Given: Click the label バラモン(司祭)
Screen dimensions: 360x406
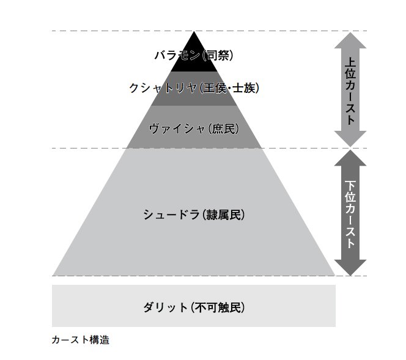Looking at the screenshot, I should coord(194,56).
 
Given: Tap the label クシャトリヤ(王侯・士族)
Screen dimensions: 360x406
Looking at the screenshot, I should coord(194,88).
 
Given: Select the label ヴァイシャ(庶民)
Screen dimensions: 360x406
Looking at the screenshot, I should coord(194,128).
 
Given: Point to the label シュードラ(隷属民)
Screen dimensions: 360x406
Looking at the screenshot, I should coord(194,215).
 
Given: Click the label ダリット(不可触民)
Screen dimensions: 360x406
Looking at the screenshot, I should coord(194,307).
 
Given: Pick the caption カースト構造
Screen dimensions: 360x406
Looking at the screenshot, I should coord(80,340).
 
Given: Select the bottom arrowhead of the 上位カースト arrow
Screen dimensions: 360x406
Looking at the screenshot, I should coord(350,139).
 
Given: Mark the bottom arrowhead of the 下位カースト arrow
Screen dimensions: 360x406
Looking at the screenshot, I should coord(350,268).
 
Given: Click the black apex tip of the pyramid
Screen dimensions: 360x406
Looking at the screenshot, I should coord(194,34).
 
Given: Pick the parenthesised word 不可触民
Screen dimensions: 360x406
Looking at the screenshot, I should coord(218,307).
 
